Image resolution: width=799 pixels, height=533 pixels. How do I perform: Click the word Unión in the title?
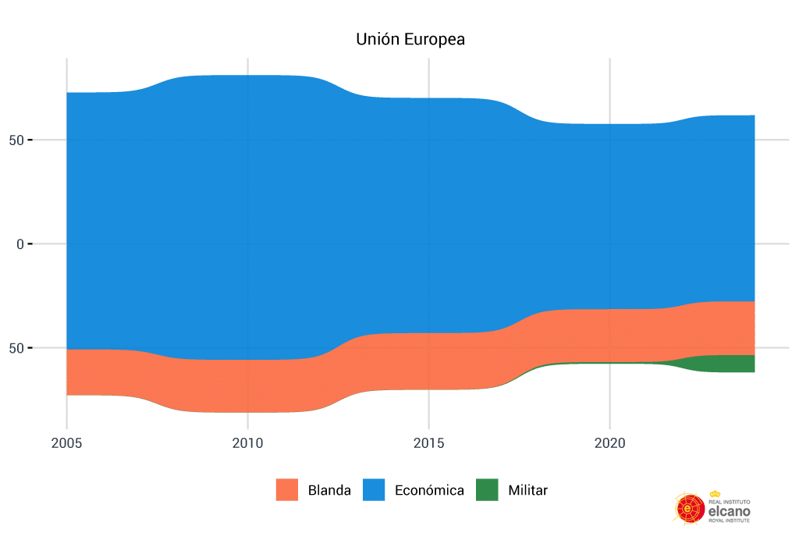click(375, 38)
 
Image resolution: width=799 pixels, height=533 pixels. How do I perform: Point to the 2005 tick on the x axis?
click(66, 443)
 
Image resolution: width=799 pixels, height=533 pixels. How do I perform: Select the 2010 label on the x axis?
click(247, 443)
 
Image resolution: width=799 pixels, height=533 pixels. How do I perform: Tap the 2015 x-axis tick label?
click(428, 443)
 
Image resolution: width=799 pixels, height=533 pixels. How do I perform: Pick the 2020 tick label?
click(609, 443)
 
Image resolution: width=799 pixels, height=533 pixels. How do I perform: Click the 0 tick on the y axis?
click(21, 244)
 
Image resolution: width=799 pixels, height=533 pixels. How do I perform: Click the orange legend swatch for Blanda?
click(287, 490)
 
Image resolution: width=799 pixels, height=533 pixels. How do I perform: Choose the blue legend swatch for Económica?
click(374, 490)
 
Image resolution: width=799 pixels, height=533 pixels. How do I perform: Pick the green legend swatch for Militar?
click(487, 490)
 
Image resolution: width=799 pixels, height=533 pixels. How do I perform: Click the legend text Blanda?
click(329, 491)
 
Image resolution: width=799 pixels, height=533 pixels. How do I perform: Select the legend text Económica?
click(429, 491)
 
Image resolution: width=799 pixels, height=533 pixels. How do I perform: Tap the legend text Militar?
click(527, 491)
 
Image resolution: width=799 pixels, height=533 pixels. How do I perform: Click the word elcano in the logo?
click(728, 510)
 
